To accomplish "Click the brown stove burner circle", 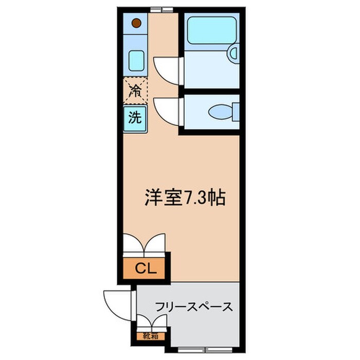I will pos(136,23).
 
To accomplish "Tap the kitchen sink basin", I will pos(136,60).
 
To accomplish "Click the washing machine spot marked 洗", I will pos(135,118).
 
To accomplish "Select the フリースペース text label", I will pos(194,308).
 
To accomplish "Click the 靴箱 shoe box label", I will pos(151,336).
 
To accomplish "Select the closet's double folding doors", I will pos(145,244).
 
